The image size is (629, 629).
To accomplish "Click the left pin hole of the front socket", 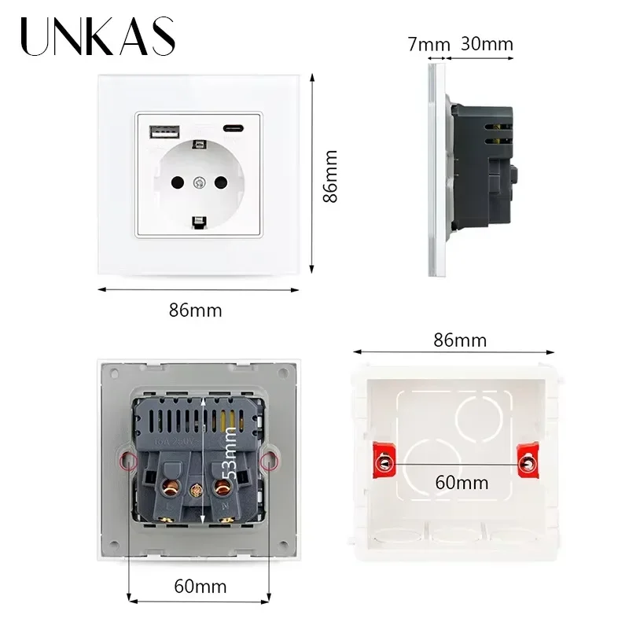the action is click(x=175, y=182).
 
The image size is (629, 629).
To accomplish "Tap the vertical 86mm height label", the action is click(x=331, y=177).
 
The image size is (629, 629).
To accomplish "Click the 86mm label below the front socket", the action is click(x=196, y=310).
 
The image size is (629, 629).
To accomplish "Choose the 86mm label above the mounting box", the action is click(x=460, y=340).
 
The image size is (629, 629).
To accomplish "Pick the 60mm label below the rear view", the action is click(x=200, y=585).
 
